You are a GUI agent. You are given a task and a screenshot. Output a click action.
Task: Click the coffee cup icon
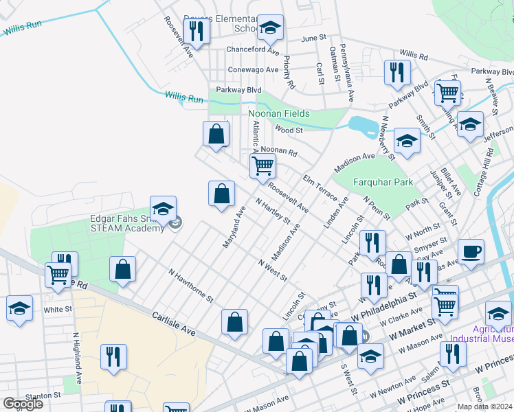(471, 251)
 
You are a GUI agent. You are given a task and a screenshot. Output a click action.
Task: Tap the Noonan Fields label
(279, 113)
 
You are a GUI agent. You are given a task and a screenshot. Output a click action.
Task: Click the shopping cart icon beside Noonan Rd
(262, 166)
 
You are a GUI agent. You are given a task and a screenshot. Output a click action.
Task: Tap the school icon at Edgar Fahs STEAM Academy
(163, 209)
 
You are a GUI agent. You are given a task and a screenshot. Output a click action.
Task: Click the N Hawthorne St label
(191, 286)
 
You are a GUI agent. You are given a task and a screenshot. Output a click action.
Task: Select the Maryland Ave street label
(234, 227)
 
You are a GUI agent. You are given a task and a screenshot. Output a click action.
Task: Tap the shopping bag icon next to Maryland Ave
(221, 194)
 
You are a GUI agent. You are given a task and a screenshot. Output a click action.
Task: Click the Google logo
(23, 404)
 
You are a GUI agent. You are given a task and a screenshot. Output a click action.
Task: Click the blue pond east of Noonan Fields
(362, 125)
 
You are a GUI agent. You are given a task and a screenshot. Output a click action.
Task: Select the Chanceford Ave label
(253, 51)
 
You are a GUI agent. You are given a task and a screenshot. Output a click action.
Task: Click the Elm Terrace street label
(320, 187)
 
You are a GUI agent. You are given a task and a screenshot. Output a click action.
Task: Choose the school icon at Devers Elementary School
(270, 27)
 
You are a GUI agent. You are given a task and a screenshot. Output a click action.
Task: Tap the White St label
(58, 310)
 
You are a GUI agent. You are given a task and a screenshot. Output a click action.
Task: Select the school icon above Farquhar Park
(407, 141)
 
